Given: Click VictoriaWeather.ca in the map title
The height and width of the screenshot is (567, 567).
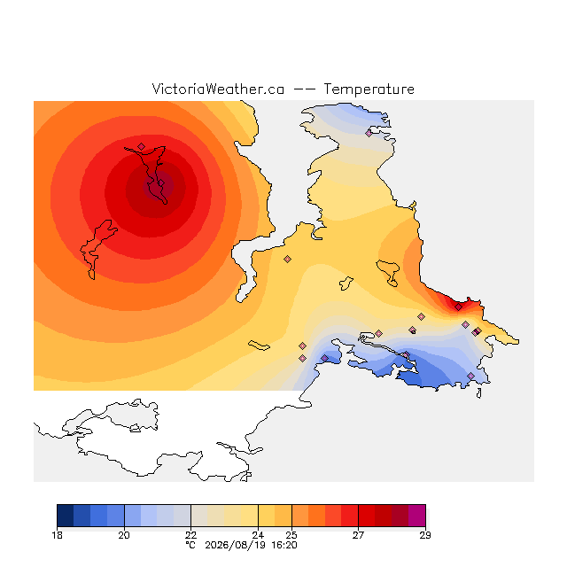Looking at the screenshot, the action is pos(218,89).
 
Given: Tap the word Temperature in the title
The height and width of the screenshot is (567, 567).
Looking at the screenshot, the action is pos(369,89).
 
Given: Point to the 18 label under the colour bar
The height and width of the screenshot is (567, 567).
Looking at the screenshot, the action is pos(57,535).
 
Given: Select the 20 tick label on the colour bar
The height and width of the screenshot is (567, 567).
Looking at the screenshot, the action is pos(124,535).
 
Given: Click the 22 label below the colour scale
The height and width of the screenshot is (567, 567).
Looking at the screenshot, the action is pos(191,535).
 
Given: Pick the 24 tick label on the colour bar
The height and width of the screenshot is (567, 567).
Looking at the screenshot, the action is pos(258,535).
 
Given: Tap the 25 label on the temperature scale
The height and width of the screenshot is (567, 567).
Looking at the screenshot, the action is pos(291,535).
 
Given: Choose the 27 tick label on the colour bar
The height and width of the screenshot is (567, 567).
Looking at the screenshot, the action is pos(358,535).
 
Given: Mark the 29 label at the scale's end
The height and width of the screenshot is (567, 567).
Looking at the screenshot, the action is pos(425,535).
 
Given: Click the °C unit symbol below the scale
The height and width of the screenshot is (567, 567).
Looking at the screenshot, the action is pos(190,545).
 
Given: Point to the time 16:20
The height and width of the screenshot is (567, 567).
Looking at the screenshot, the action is pos(284,545).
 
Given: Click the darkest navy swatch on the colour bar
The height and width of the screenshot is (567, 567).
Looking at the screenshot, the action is pos(66,516).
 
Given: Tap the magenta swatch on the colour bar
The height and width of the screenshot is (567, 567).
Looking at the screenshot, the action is pos(417,516).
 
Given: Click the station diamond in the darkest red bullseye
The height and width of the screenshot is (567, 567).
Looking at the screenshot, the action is pos(161,183).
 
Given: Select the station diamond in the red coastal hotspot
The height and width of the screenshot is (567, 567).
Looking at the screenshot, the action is pos(458,307).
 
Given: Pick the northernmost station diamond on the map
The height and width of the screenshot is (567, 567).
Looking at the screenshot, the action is pos(369,133).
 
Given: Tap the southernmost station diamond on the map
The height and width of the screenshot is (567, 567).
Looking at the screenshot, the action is pos(470,376).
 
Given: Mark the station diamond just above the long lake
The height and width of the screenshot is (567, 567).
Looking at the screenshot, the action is pos(141,146).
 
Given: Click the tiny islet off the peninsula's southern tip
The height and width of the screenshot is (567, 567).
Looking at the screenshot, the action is pos(478,393).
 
